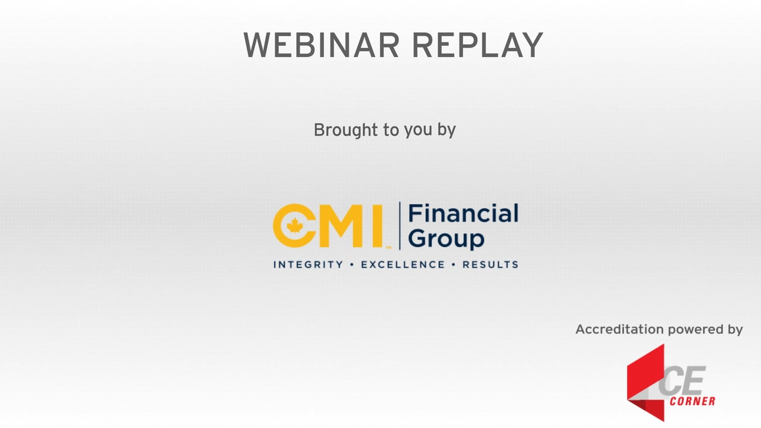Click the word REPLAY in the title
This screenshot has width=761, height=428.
tap(477, 45)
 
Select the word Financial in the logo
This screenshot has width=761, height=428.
tap(463, 213)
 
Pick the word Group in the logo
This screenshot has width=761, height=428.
tap(446, 239)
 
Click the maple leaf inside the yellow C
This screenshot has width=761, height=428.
tap(294, 226)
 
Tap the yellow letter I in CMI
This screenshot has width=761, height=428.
tap(378, 225)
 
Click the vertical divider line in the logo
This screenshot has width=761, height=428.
tap(400, 226)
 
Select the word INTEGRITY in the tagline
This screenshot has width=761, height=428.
tap(308, 265)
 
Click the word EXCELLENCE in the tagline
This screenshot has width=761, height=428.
tap(402, 265)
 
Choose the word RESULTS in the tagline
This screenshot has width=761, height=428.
tap(490, 265)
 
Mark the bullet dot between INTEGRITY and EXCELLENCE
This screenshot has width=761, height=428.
tap(352, 265)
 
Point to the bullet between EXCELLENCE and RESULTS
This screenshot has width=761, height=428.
tap(454, 265)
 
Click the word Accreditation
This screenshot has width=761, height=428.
tap(620, 329)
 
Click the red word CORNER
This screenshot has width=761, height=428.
tap(693, 401)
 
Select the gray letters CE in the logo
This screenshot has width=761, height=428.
tap(682, 381)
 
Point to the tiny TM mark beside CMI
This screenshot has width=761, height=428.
tap(388, 248)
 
